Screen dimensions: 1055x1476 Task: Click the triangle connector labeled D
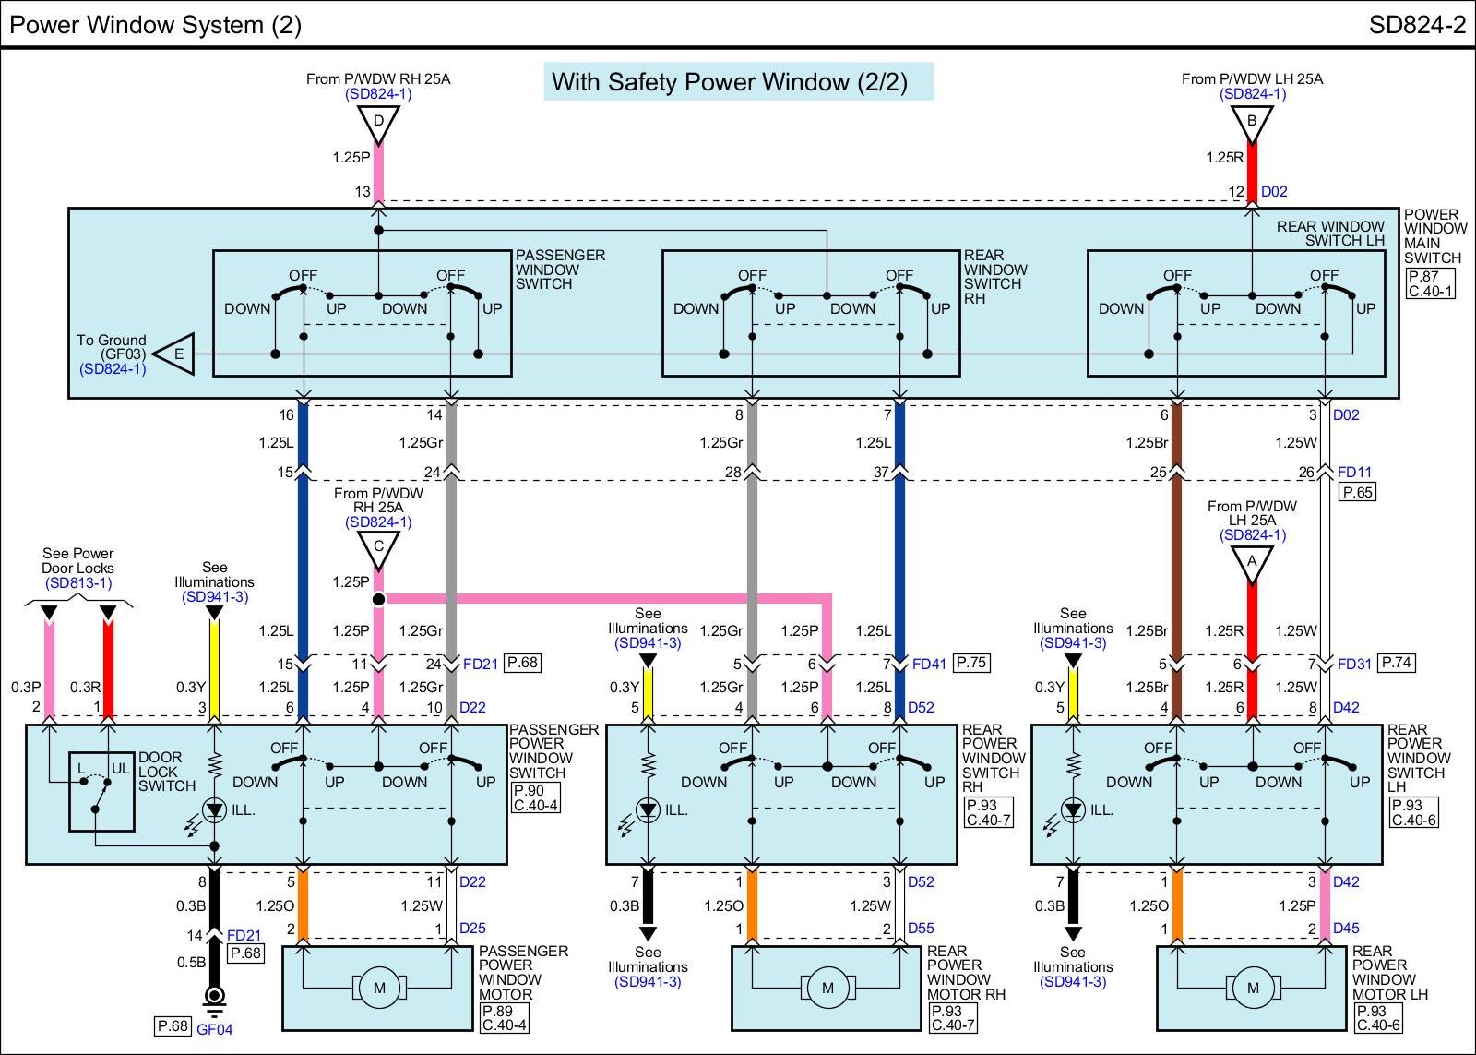coord(378,122)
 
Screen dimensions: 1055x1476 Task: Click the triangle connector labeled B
coord(1252,122)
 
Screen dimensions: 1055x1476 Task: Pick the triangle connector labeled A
coord(1252,561)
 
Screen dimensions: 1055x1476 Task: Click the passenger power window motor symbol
coord(378,988)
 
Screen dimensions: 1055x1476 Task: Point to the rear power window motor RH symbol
coord(827,988)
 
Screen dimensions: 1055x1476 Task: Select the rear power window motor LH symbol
coord(1252,988)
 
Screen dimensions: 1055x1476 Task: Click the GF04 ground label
coord(215,1029)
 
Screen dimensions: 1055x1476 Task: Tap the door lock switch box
coord(101,792)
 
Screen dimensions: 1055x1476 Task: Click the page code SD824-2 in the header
coord(1416,25)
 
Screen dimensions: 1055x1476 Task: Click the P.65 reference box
coord(1358,492)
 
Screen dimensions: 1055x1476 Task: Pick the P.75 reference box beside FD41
coord(972,663)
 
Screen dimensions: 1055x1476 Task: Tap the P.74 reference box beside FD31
coord(1397,663)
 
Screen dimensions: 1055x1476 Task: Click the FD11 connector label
coord(1354,472)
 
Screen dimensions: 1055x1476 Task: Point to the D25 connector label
coord(472,928)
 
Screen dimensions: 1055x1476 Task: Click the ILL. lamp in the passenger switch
coord(215,810)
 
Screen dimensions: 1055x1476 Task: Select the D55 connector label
coord(921,928)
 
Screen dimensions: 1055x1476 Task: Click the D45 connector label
coord(1346,928)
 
